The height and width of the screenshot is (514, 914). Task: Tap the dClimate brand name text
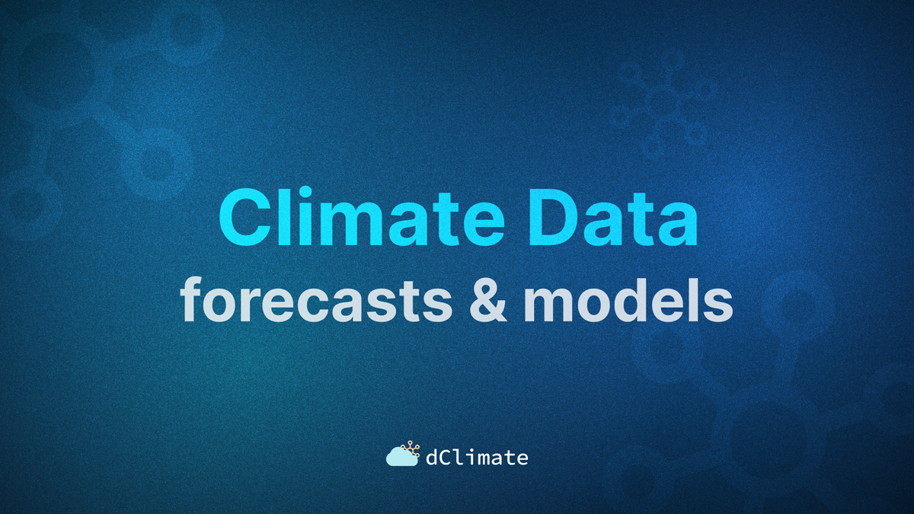[x=476, y=457]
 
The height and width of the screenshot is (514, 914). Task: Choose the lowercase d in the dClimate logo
[x=431, y=457]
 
